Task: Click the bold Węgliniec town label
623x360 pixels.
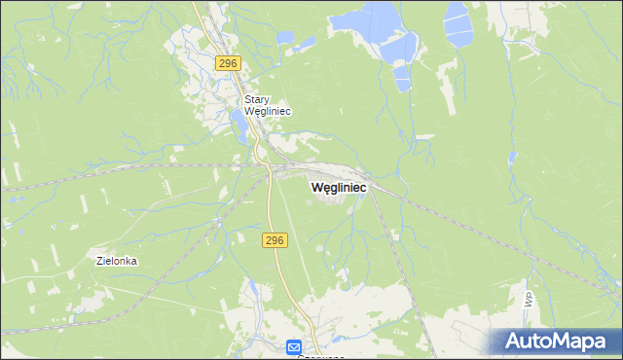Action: pyautogui.click(x=338, y=187)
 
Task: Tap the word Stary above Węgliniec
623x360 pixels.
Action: pyautogui.click(x=256, y=99)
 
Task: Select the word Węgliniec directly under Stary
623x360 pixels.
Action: pyautogui.click(x=268, y=111)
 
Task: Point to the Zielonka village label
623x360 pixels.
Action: pyautogui.click(x=117, y=261)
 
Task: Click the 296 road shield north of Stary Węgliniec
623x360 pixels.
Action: pyautogui.click(x=228, y=63)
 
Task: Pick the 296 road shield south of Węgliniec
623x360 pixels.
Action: pyautogui.click(x=275, y=239)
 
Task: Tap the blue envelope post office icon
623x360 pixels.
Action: pyautogui.click(x=294, y=346)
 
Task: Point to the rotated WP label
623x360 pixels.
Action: pyautogui.click(x=530, y=301)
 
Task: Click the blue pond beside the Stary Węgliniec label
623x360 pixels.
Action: pyautogui.click(x=238, y=122)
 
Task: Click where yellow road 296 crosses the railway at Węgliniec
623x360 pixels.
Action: pyautogui.click(x=269, y=172)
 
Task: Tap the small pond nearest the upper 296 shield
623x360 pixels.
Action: pyautogui.click(x=284, y=38)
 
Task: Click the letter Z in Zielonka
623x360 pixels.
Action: pyautogui.click(x=99, y=261)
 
